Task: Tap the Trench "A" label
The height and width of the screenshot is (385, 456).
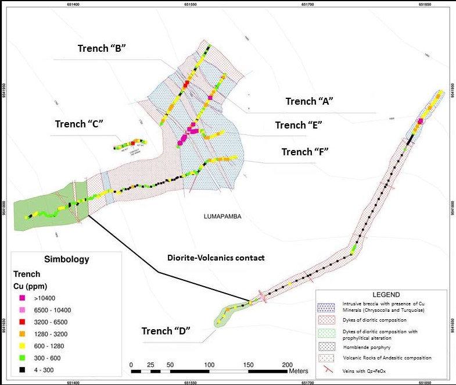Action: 308,101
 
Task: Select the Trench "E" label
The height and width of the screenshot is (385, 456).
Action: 299,125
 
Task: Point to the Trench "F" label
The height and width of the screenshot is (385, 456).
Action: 305,152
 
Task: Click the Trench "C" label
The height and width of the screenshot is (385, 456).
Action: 79,124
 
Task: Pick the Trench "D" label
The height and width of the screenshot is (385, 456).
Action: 166,331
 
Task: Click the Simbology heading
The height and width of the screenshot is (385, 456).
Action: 66,259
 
